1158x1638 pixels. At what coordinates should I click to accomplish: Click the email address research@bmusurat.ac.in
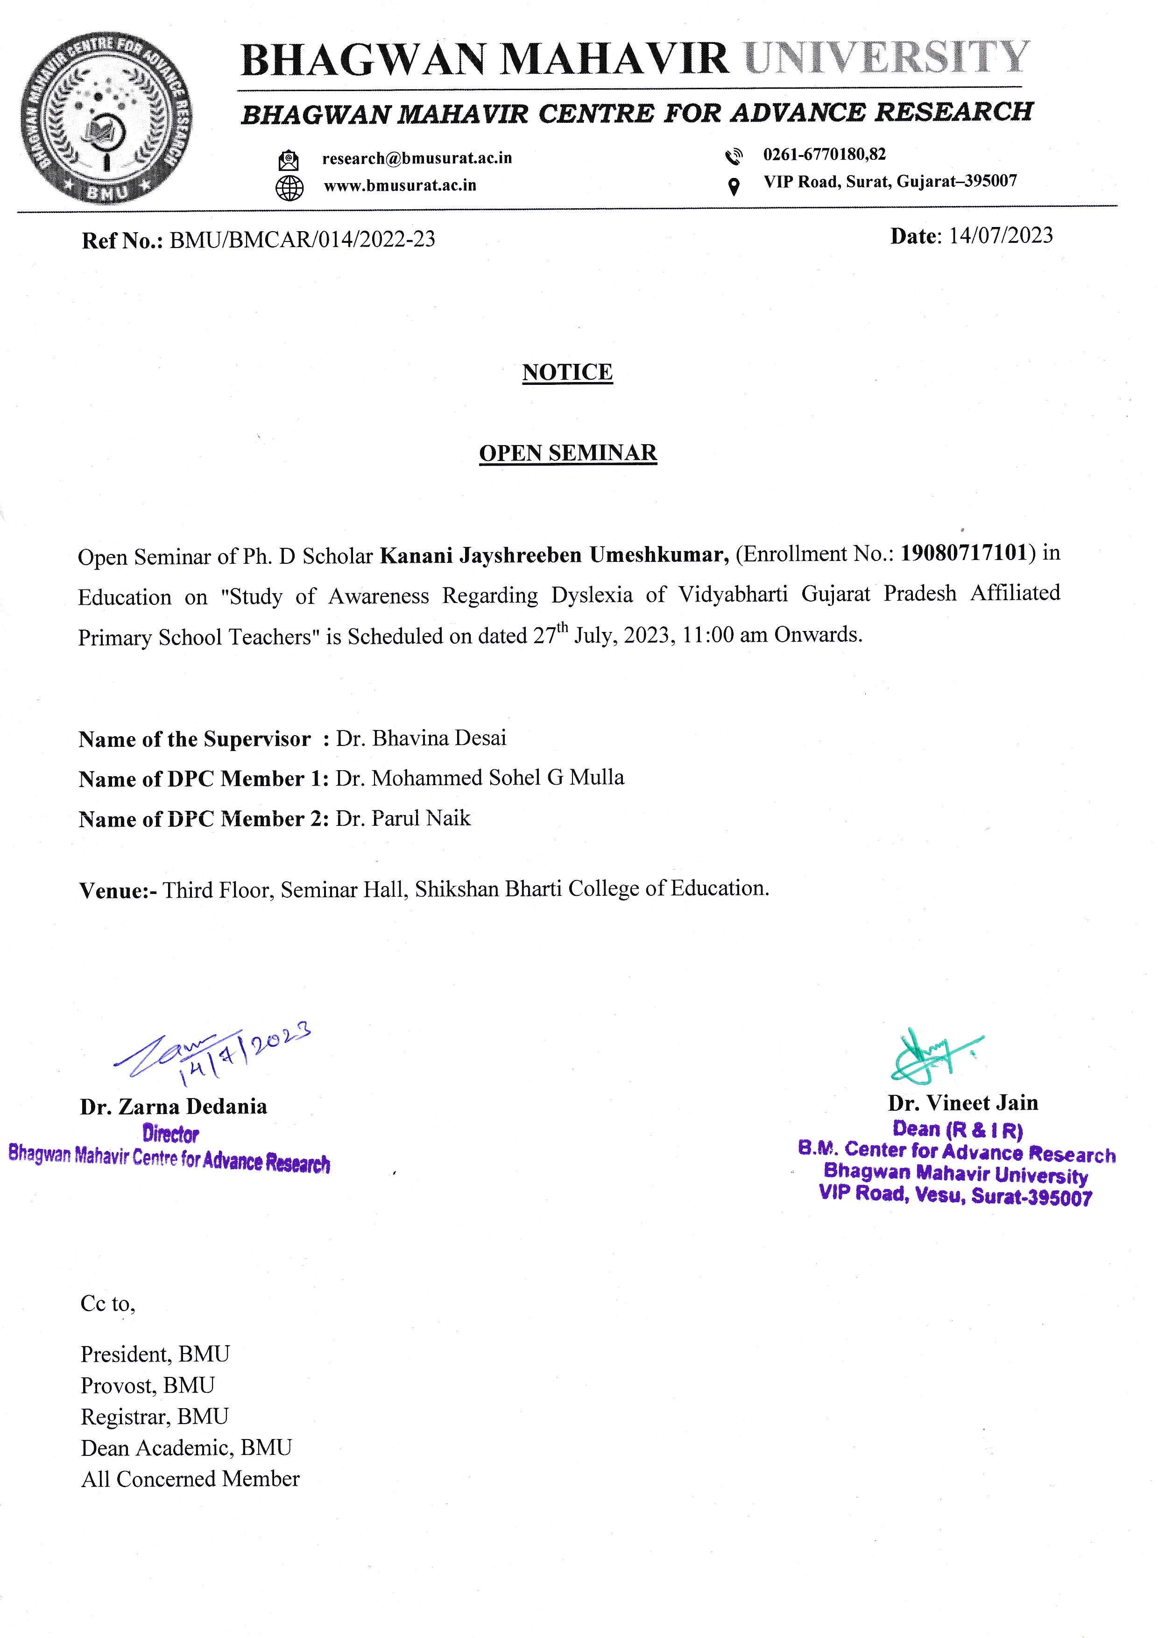[x=417, y=158]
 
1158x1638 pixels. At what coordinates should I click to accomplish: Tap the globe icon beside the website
[x=289, y=187]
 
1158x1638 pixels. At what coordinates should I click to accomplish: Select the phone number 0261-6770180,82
[x=824, y=154]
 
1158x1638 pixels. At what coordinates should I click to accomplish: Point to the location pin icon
[x=733, y=187]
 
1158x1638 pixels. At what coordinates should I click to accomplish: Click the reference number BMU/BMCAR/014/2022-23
[x=302, y=239]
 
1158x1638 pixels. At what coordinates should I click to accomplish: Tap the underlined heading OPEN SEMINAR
[x=568, y=453]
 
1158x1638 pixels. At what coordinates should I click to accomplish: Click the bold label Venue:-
[x=118, y=890]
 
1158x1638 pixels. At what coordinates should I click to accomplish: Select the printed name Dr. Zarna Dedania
[x=173, y=1106]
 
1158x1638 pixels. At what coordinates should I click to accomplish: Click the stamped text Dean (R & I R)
[x=958, y=1129]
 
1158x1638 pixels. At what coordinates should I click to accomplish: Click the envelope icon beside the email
[x=289, y=159]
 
